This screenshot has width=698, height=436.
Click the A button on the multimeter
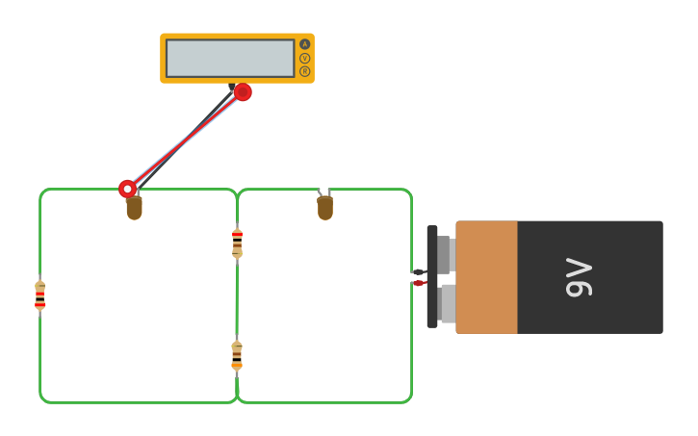tap(305, 44)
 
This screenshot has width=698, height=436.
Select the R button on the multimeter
tap(305, 71)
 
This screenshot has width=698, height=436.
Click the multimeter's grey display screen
tap(230, 58)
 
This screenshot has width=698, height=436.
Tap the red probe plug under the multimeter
tap(243, 92)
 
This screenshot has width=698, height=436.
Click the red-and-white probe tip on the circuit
tap(127, 189)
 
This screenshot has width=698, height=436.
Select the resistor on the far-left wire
tap(39, 295)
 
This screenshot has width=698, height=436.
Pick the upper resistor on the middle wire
tap(237, 243)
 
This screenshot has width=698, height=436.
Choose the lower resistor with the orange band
tap(237, 355)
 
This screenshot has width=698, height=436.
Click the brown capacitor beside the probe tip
tap(134, 207)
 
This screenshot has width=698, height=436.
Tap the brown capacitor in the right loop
tap(325, 207)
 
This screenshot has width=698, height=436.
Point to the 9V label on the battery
tap(579, 277)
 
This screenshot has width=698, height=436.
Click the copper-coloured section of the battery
tap(486, 277)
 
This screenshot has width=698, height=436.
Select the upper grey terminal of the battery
tap(446, 255)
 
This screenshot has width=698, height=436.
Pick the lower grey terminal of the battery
tap(447, 303)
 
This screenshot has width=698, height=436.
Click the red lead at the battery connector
tap(419, 283)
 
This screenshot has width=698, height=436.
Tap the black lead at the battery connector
tap(419, 273)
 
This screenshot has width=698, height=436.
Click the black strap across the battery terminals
tap(432, 277)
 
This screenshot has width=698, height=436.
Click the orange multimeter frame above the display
tap(231, 37)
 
